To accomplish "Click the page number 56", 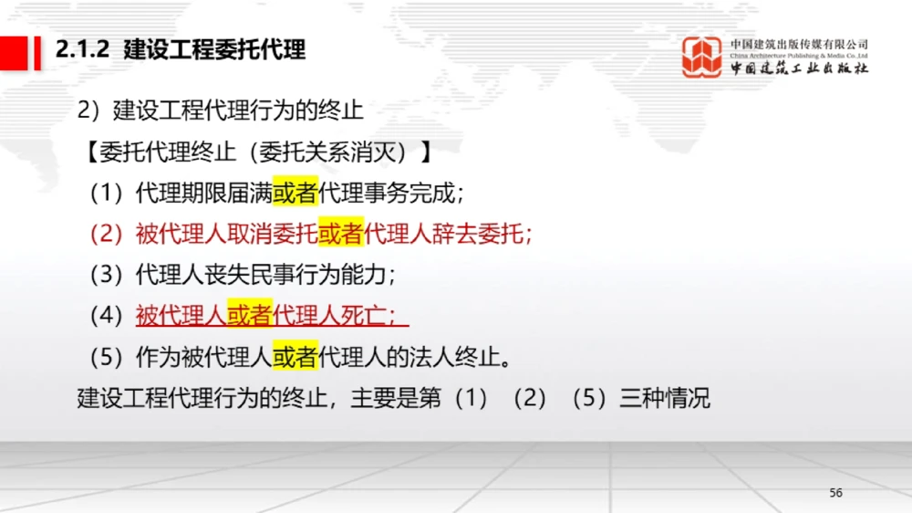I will [x=835, y=493].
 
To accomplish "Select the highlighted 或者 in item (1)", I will [x=295, y=193].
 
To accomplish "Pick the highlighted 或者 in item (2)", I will [x=340, y=234].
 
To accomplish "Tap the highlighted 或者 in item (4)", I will [x=249, y=316].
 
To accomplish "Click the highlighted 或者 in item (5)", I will [x=295, y=357].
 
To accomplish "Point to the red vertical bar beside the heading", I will [x=37, y=51].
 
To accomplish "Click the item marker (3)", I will [x=107, y=275].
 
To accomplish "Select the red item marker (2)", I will [x=107, y=234].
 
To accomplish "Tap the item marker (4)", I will [x=107, y=316].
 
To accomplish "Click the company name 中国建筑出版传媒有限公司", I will [x=799, y=44].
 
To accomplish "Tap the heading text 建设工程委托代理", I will [x=214, y=50].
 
